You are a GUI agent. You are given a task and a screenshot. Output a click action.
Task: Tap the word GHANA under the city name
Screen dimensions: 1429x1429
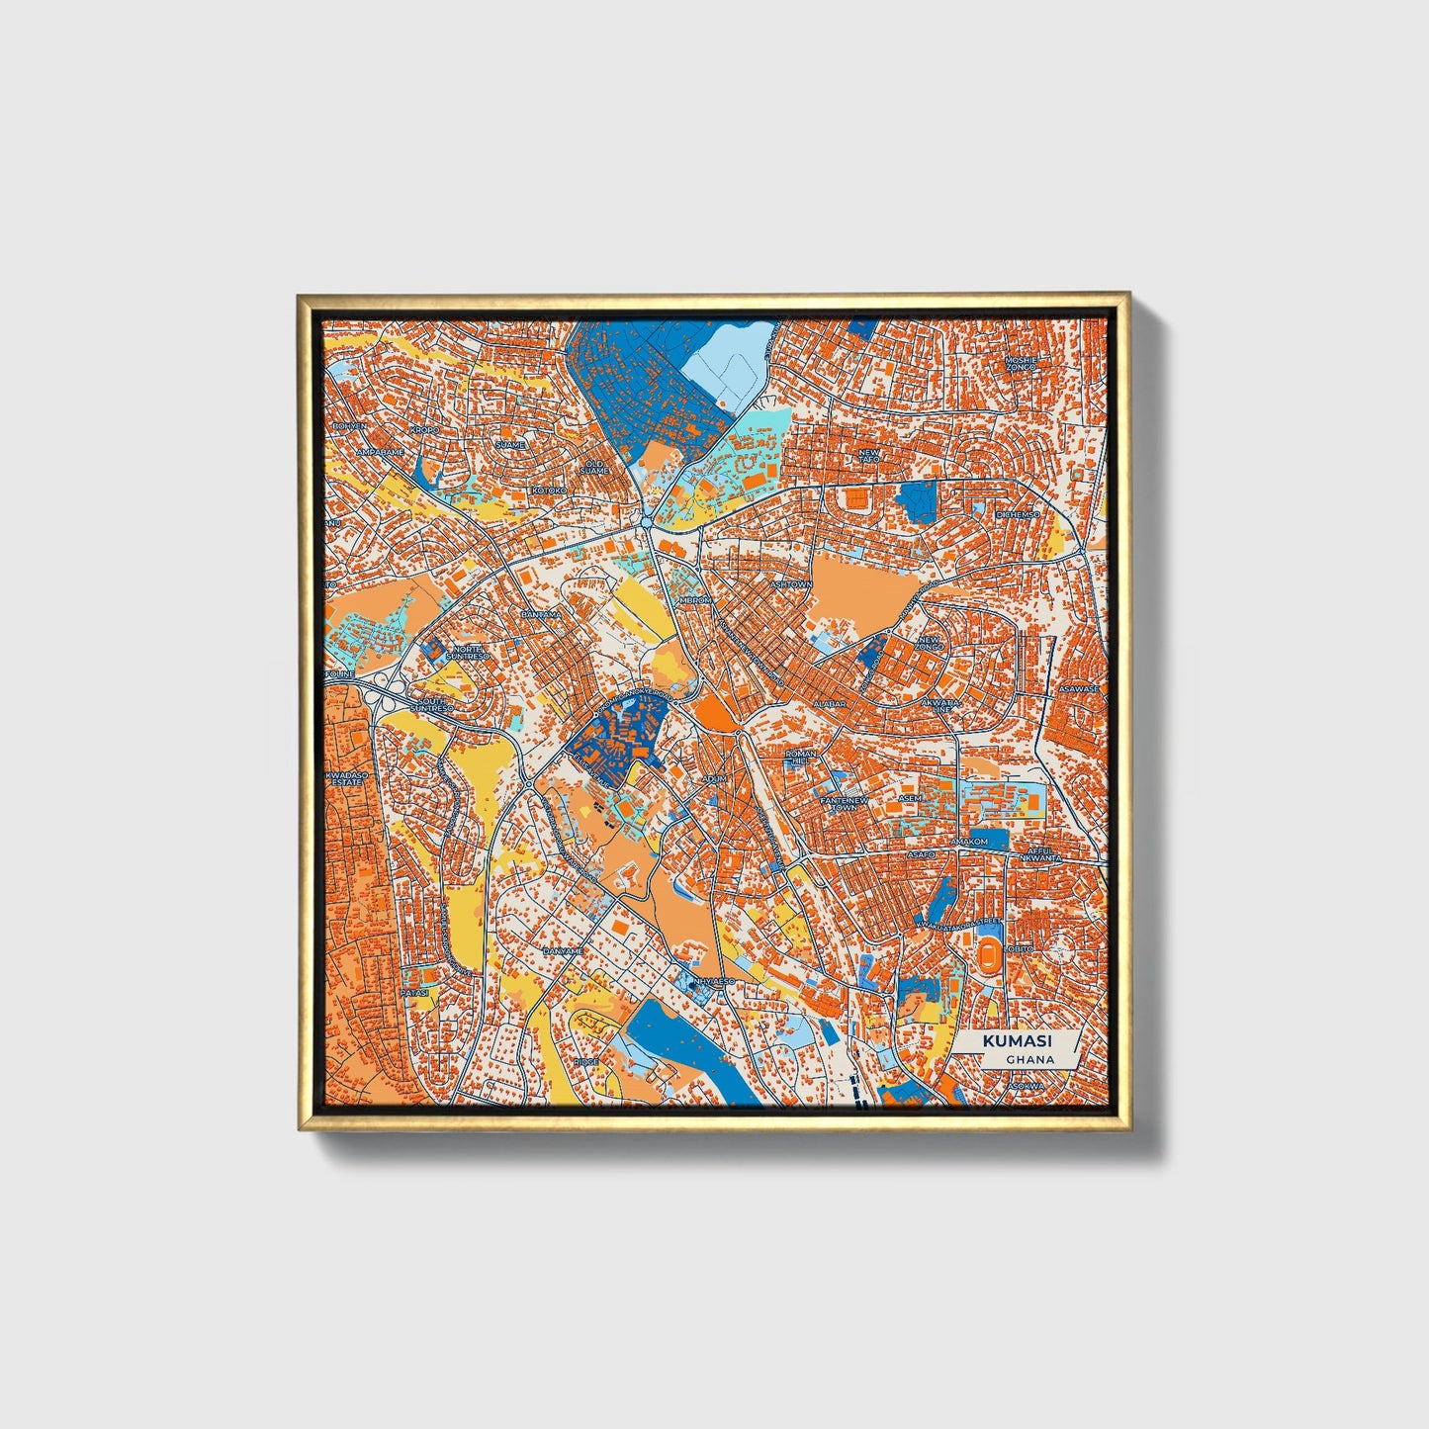point(1029,1059)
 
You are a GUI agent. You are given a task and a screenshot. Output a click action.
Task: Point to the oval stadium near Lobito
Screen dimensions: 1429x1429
point(988,958)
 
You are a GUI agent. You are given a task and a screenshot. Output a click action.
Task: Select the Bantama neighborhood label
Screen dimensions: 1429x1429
point(540,614)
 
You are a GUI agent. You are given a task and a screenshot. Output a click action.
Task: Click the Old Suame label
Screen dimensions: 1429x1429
point(594,466)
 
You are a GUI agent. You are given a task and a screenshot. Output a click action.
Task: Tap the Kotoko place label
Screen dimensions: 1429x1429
point(550,491)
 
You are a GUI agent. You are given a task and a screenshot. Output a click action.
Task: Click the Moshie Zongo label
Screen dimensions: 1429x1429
point(1020,363)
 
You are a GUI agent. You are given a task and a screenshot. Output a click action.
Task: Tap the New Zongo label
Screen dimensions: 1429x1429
point(931,644)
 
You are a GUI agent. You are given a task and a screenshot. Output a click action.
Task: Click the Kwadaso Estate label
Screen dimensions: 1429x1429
point(346,778)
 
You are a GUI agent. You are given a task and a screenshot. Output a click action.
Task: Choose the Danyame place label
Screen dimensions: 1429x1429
point(563,950)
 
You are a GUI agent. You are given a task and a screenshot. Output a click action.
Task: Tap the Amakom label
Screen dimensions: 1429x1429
point(968,842)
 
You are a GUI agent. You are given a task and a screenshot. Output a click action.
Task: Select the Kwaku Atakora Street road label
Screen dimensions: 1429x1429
point(959,923)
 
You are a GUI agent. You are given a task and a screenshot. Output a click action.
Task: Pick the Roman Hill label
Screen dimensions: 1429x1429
point(801,758)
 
